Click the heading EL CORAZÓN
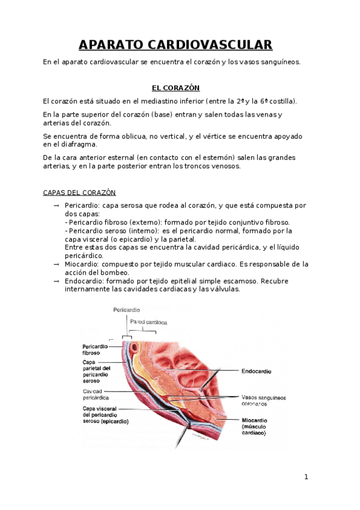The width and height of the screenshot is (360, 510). [175, 87]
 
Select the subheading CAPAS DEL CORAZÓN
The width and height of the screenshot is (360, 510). [79, 192]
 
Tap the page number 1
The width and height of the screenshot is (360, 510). [306, 478]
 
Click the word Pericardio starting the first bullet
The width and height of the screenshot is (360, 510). [82, 206]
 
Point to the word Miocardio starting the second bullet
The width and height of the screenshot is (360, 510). [81, 264]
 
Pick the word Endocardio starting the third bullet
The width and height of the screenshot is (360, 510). [83, 281]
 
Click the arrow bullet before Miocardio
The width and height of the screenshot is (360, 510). [56, 264]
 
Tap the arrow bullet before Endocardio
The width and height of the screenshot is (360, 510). [56, 281]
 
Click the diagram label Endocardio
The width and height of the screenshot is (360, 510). [255, 371]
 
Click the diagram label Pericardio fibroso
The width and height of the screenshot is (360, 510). [95, 350]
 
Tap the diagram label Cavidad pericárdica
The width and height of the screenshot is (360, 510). [96, 395]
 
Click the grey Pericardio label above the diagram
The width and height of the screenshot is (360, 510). [126, 310]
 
